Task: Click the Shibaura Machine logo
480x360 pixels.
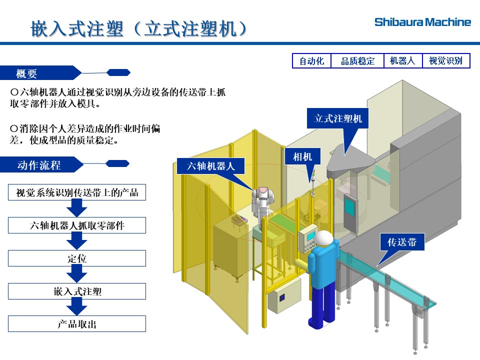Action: pyautogui.click(x=422, y=22)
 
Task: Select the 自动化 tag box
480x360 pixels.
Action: pyautogui.click(x=311, y=61)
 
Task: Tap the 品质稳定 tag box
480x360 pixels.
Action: pyautogui.click(x=357, y=61)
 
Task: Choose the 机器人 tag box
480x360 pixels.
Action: pyautogui.click(x=402, y=61)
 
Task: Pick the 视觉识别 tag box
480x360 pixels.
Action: pyautogui.click(x=446, y=61)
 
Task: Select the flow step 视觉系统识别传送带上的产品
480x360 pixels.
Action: pyautogui.click(x=77, y=192)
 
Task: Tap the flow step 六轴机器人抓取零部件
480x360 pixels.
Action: pyautogui.click(x=77, y=225)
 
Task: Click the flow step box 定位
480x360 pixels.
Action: pyautogui.click(x=77, y=258)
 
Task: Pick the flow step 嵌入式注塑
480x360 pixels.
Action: pyautogui.click(x=77, y=291)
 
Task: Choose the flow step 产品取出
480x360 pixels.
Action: pyautogui.click(x=77, y=324)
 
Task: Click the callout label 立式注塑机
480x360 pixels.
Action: pyautogui.click(x=338, y=119)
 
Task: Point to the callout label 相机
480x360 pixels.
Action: pyautogui.click(x=302, y=157)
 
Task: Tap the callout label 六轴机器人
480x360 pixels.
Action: pyautogui.click(x=210, y=166)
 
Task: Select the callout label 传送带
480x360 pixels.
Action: pyautogui.click(x=402, y=243)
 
